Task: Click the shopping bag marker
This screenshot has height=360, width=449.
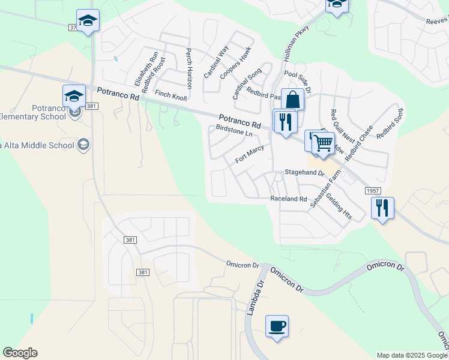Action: [x=292, y=99]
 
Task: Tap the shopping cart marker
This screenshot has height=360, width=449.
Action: [x=323, y=143]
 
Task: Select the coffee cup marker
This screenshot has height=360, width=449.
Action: [x=277, y=326]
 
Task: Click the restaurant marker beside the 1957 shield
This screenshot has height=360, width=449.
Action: [x=382, y=208]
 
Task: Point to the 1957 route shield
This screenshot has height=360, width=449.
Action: [x=372, y=190]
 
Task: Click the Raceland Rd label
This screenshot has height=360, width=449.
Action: [x=289, y=199]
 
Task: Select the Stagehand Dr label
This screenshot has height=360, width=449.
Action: [x=304, y=172]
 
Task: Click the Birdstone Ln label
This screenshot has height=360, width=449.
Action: [x=234, y=131]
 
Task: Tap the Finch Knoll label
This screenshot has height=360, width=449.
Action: [x=170, y=94]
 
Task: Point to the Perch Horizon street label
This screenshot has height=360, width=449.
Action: [x=188, y=68]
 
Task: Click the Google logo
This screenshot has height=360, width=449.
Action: [x=20, y=353]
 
